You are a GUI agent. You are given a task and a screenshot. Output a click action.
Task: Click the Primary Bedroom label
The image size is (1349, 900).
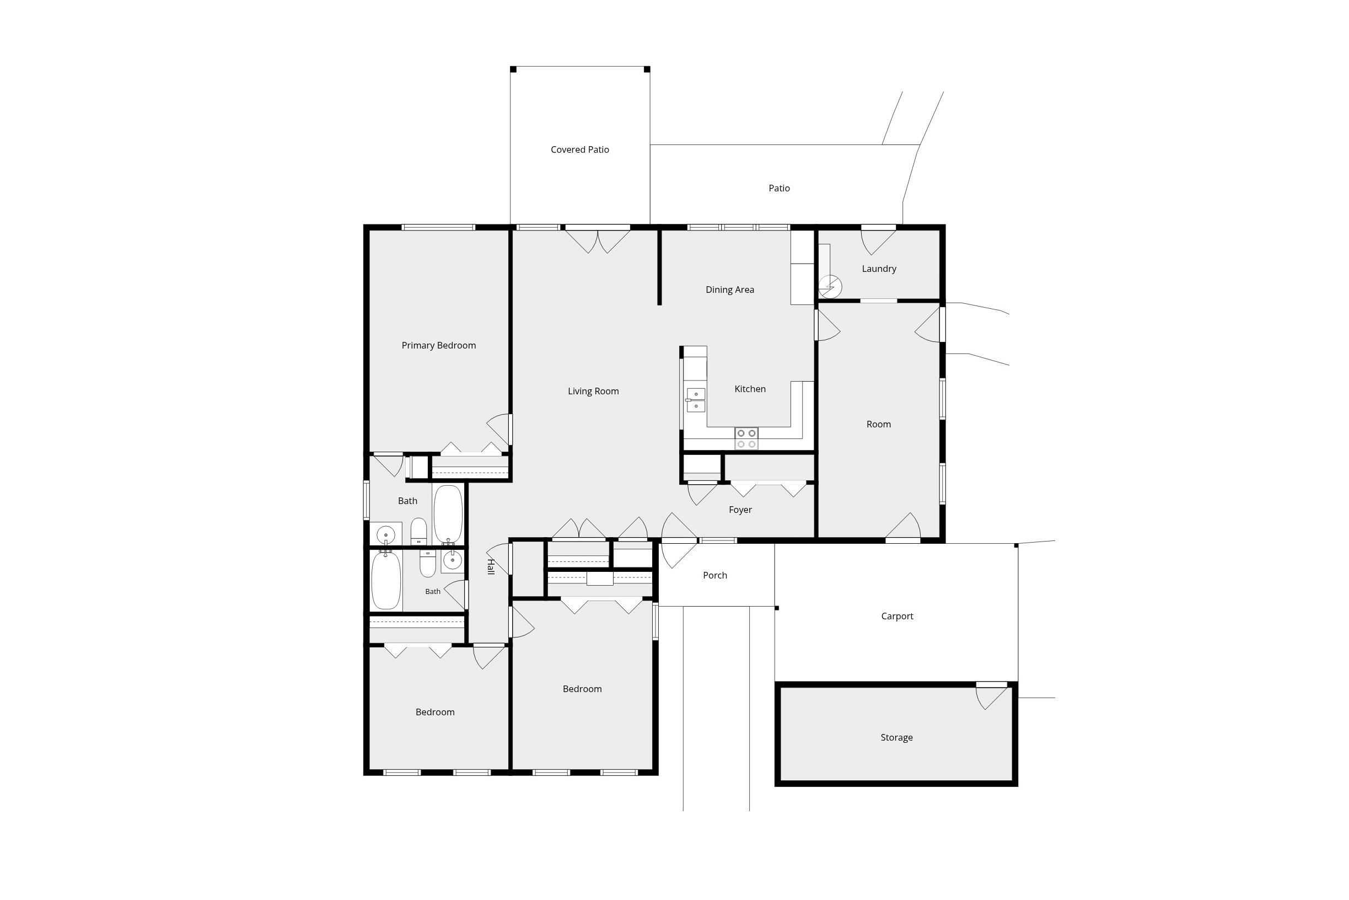pyautogui.click(x=438, y=346)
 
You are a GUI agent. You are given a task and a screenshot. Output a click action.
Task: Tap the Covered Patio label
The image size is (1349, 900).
pyautogui.click(x=579, y=150)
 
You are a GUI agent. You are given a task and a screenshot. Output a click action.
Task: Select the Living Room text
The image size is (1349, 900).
pyautogui.click(x=593, y=392)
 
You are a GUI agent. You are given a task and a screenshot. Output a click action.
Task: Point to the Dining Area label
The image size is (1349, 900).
pyautogui.click(x=729, y=290)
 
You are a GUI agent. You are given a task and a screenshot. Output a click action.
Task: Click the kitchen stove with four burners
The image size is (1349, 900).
pyautogui.click(x=746, y=438)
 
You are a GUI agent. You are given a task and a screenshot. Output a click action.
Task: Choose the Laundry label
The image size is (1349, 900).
pyautogui.click(x=879, y=269)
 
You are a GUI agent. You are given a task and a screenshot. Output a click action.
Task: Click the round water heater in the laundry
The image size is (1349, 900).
pyautogui.click(x=830, y=286)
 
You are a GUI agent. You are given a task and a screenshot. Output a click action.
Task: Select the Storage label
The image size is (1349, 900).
pyautogui.click(x=896, y=737)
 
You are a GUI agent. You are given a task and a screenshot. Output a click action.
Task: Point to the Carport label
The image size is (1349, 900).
pyautogui.click(x=897, y=617)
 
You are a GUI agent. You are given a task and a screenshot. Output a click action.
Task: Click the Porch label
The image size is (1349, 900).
pyautogui.click(x=715, y=575)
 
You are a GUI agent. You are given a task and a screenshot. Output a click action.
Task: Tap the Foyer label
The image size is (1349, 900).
pyautogui.click(x=740, y=510)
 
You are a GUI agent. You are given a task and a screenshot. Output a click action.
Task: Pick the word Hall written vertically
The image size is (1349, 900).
pyautogui.click(x=491, y=566)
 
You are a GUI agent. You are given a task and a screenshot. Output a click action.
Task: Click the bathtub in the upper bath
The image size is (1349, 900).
pyautogui.click(x=448, y=515)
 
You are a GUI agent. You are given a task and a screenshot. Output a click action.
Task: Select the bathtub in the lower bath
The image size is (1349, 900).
pyautogui.click(x=385, y=580)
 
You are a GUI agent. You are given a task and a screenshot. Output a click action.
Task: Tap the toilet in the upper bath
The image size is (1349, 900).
pyautogui.click(x=418, y=532)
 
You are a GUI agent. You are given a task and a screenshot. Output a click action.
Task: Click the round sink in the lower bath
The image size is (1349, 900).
pyautogui.click(x=452, y=561)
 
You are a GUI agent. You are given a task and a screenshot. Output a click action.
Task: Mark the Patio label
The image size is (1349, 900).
pyautogui.click(x=778, y=188)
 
